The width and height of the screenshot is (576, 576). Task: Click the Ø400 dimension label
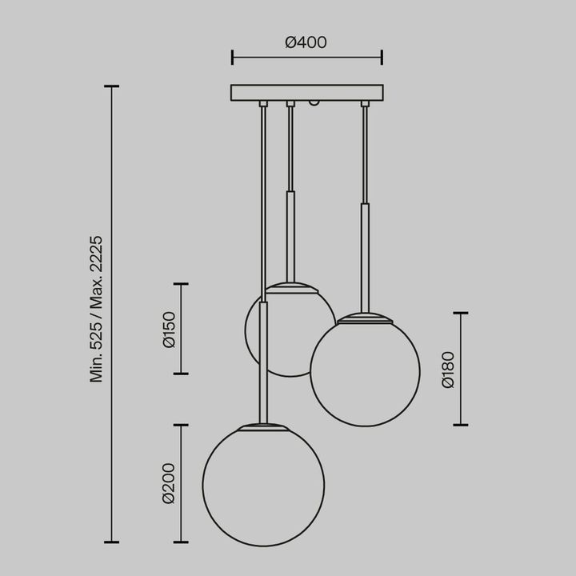click(306, 42)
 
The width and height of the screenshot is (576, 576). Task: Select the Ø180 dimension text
click(448, 369)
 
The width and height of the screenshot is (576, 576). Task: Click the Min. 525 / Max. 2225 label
click(97, 309)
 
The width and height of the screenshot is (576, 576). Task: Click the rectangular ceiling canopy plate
click(306, 93)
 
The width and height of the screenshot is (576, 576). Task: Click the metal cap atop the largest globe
click(263, 426)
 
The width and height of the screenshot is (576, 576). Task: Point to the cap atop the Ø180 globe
click(365, 318)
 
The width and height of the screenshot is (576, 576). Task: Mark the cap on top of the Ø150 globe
click(290, 286)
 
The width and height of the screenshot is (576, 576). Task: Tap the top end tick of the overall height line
click(111, 86)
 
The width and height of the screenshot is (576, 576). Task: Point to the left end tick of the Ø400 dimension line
click(232, 57)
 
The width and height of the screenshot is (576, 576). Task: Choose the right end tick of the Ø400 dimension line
click(382, 57)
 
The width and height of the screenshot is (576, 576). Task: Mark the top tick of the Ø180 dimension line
click(461, 313)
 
